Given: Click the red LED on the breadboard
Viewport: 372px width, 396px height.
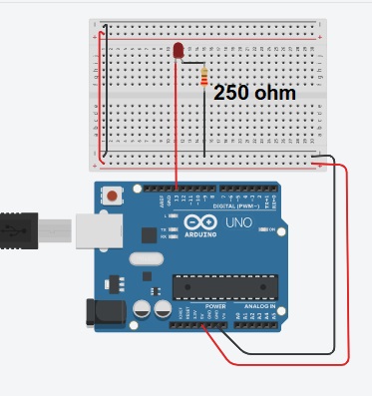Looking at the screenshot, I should point(179,50).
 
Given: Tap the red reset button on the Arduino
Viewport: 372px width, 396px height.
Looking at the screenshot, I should point(116,196).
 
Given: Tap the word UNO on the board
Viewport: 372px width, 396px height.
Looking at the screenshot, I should point(239,221).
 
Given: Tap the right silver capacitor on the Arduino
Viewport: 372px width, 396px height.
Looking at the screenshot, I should point(159,305).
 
